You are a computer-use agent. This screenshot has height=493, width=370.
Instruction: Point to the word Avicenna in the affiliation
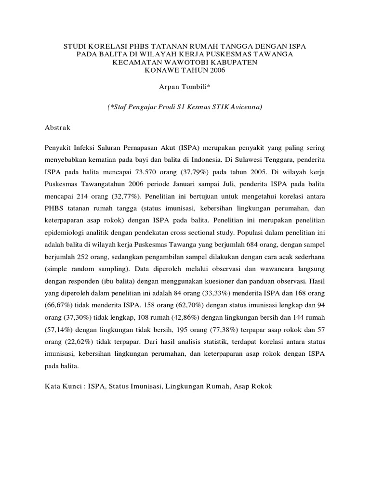coord(246,107)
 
